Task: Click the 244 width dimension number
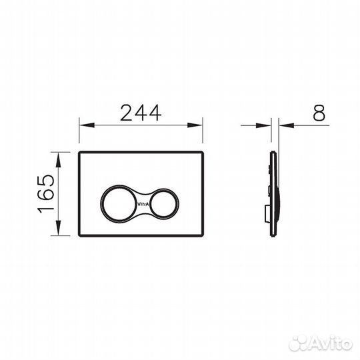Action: (141, 113)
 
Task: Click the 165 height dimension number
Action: (47, 194)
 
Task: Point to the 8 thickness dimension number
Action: (319, 113)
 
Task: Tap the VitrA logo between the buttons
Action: (143, 204)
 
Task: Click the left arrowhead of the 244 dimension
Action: (87, 125)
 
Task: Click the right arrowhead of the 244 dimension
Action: (195, 125)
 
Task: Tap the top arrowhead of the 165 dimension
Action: (58, 160)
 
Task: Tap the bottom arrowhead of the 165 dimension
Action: (58, 228)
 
